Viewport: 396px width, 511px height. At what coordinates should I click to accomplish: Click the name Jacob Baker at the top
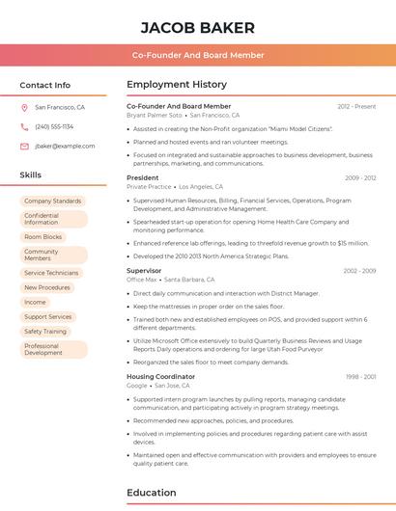[198, 27]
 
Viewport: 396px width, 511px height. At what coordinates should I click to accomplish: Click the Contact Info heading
[44, 85]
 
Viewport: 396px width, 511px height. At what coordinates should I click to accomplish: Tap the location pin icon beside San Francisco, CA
[24, 108]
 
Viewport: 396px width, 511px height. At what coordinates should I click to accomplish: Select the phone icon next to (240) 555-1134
[24, 127]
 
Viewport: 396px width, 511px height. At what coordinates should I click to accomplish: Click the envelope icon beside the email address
[24, 147]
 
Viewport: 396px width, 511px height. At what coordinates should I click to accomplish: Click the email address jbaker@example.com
[65, 147]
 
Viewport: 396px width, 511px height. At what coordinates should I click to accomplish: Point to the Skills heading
[31, 175]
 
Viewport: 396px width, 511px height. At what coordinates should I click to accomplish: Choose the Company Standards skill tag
[52, 201]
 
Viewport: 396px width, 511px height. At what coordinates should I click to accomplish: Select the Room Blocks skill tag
[42, 237]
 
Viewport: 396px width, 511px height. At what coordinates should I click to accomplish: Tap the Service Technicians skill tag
[51, 273]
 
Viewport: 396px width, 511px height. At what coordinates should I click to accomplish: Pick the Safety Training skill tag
[45, 331]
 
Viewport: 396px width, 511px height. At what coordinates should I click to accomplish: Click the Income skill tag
[35, 302]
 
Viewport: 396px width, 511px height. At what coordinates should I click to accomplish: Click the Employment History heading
[177, 84]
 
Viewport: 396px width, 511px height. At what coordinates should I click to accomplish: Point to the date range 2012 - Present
[356, 106]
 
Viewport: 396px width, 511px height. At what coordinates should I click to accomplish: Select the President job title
[142, 177]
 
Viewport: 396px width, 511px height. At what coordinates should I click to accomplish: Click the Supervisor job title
[144, 271]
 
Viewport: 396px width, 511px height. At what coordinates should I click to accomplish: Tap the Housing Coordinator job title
[160, 376]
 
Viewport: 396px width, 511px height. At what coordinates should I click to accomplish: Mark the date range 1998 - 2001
[360, 377]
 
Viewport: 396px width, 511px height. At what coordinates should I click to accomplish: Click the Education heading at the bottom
[152, 493]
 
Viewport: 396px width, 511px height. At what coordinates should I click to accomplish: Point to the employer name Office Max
[142, 280]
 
